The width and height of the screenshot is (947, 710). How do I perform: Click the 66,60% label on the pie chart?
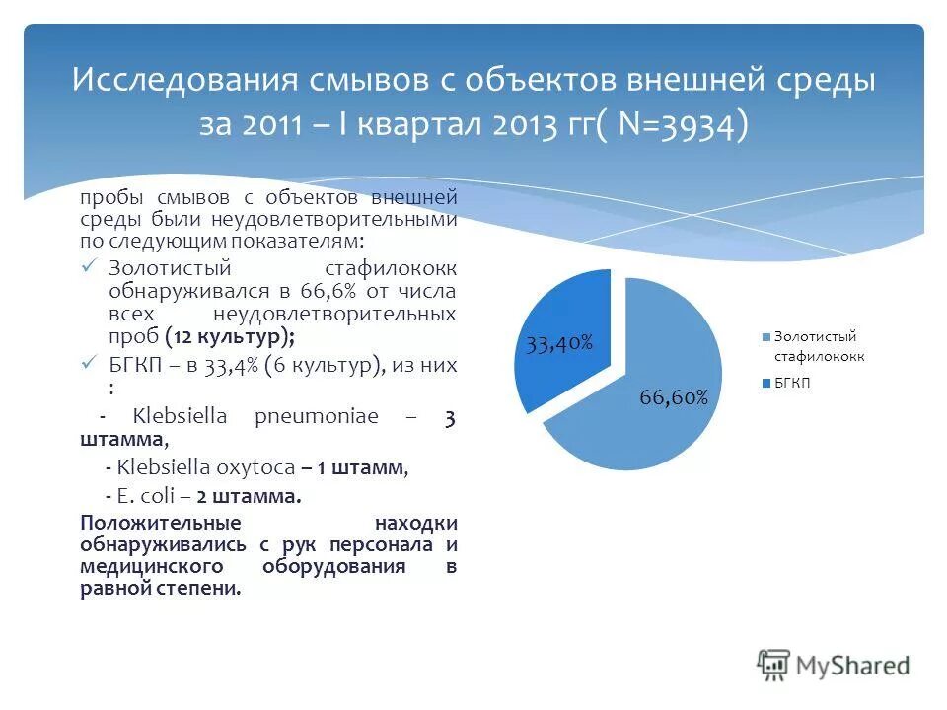coord(674,397)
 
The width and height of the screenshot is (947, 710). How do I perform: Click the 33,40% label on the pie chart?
coord(558,343)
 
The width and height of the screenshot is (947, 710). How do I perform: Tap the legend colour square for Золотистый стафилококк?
coord(765,337)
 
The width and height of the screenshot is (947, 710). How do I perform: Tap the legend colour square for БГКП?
coord(765,383)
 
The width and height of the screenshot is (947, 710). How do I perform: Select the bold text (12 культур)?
coord(229,336)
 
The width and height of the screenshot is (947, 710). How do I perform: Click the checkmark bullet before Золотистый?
coord(89,266)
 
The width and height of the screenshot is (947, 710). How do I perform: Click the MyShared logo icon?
coord(774,665)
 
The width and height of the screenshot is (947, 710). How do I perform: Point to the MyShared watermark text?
coord(852,667)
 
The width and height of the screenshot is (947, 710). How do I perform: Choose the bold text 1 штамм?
coord(361,469)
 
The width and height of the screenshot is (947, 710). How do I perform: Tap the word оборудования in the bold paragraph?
coord(335,567)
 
